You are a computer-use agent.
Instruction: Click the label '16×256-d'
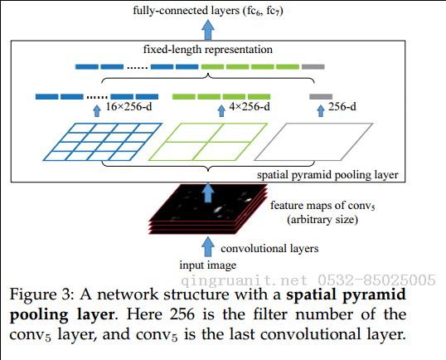128,107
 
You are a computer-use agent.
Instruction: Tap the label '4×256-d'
250,107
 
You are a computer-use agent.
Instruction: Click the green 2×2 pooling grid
208,142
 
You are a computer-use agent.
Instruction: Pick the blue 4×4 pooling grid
103,142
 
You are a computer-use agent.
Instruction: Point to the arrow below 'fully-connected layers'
208,30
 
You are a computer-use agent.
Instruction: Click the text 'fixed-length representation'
208,50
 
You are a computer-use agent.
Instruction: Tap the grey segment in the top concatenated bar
313,67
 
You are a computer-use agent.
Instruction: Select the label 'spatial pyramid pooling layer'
327,175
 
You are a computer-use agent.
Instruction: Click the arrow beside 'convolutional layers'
208,246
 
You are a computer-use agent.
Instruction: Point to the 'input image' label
208,265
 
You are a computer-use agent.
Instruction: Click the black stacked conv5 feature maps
208,209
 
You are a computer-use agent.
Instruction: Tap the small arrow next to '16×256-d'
97,110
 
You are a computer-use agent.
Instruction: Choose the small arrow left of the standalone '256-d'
321,110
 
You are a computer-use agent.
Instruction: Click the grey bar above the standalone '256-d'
321,97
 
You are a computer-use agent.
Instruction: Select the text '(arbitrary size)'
322,220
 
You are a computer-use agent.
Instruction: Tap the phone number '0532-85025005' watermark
376,280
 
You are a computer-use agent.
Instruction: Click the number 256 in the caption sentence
182,314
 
